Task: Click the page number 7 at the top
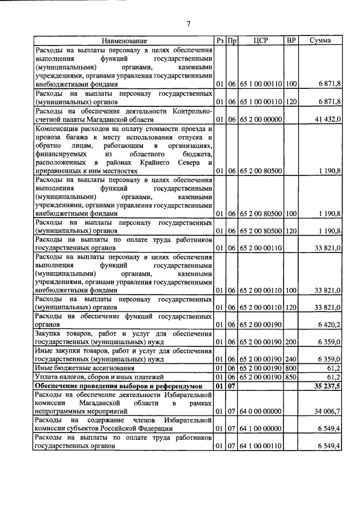pos(188,23)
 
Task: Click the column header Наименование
pos(124,40)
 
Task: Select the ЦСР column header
pos(260,40)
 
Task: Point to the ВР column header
pos(291,40)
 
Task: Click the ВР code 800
pos(291,368)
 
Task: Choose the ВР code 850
pos(291,377)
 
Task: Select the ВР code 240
pos(291,359)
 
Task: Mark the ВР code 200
pos(291,341)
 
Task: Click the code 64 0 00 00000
pos(260,412)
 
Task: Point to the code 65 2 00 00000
pos(260,120)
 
